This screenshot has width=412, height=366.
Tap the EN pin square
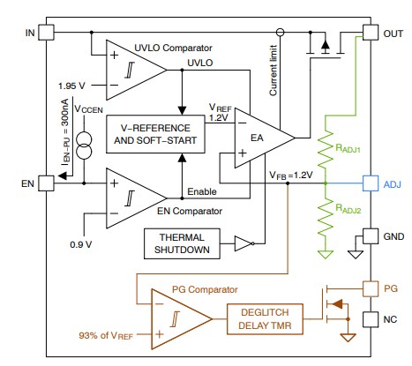(47, 184)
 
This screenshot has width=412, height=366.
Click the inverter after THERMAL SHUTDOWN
(243, 243)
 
